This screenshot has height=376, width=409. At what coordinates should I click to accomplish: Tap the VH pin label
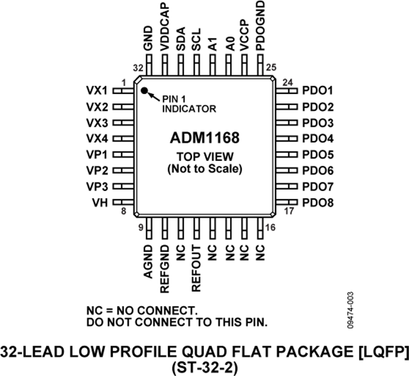[x=100, y=203]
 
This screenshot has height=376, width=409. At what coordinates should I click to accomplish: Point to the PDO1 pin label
[x=318, y=91]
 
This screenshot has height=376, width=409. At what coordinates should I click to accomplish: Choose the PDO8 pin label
[x=318, y=203]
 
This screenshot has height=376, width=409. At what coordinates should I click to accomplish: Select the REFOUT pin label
[x=196, y=268]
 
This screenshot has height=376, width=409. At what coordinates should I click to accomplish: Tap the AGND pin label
[x=148, y=261]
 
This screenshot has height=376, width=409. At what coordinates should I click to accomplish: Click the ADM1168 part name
[x=204, y=137]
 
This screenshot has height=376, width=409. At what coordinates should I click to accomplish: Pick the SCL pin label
[x=196, y=41]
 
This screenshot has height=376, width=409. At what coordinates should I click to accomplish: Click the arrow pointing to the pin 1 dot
[x=153, y=95]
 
